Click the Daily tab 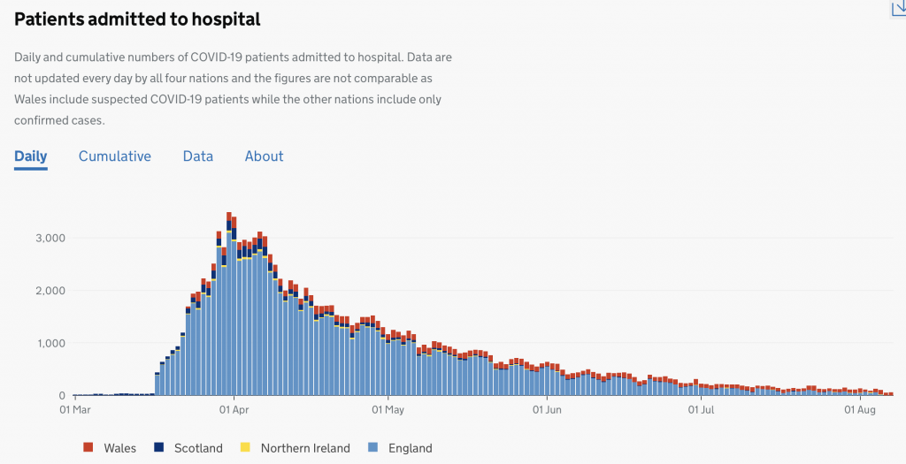tap(30, 156)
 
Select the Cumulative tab tap(115, 156)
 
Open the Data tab tap(198, 156)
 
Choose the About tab tap(264, 156)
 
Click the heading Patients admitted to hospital tap(137, 19)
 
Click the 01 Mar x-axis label tap(75, 410)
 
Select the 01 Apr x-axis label tap(233, 410)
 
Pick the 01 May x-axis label tap(388, 410)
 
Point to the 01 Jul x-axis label tap(701, 410)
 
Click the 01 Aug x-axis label tap(860, 410)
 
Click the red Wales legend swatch tap(88, 448)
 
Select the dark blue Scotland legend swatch tap(159, 448)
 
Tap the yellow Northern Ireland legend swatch tap(246, 448)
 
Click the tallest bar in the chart tap(228, 309)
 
